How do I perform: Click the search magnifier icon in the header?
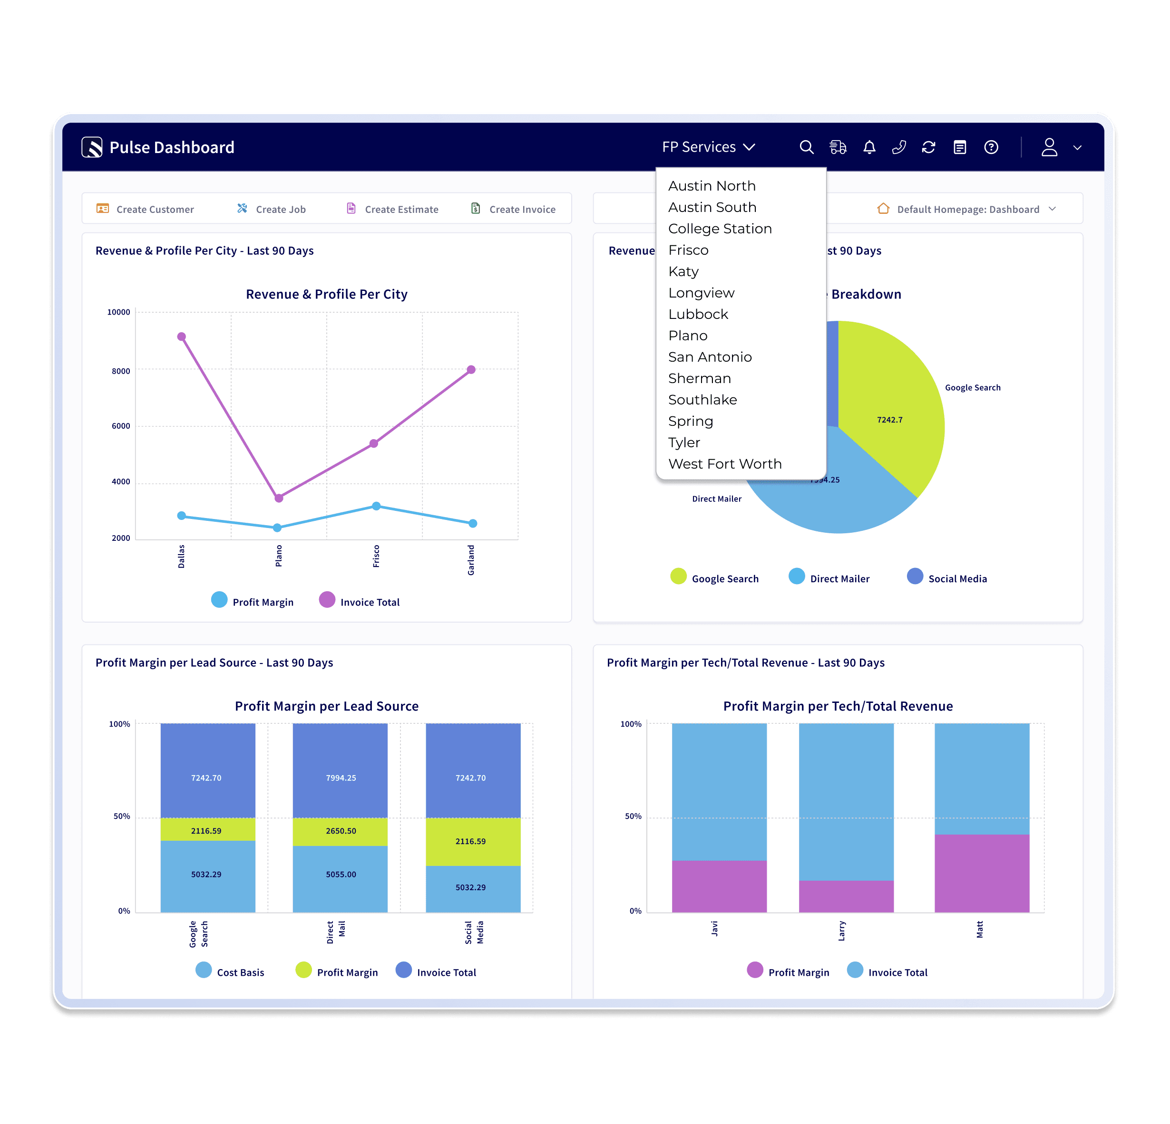pos(807,147)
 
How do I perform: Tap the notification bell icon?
pos(869,147)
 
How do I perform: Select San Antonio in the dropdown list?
pos(710,357)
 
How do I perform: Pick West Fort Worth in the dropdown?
pos(725,464)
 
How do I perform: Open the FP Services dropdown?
pos(709,147)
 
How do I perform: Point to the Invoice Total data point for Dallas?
pos(182,337)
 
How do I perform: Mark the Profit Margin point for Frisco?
pos(376,506)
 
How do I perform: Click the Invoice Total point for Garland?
pos(471,370)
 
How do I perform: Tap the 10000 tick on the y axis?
pos(118,312)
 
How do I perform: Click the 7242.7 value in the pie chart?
pos(889,420)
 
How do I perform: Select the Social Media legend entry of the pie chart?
pos(947,577)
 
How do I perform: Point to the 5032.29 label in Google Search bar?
pos(206,874)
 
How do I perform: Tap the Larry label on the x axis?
pos(842,931)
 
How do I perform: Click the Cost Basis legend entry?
pos(230,972)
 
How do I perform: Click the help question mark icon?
pos(991,147)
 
